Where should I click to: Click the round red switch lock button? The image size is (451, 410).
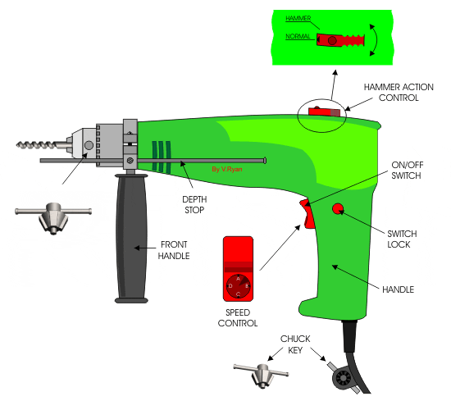[x=338, y=211]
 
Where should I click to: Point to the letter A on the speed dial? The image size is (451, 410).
[x=239, y=278]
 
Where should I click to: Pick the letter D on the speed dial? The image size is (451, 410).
[x=230, y=285]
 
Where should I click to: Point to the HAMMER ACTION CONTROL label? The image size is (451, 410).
[x=392, y=92]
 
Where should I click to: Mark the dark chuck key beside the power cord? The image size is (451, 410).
[x=339, y=376]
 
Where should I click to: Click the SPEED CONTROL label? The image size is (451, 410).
[x=238, y=317]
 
